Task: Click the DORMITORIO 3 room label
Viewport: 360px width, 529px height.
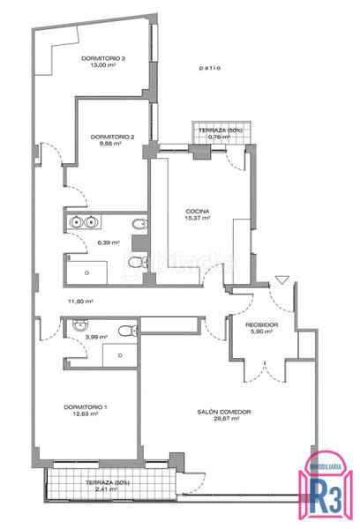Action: pyautogui.click(x=103, y=58)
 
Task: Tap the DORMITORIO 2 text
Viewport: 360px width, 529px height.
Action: pyautogui.click(x=112, y=137)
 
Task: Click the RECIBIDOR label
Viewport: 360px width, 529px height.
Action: pyautogui.click(x=262, y=325)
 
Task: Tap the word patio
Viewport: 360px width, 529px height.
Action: pyautogui.click(x=209, y=67)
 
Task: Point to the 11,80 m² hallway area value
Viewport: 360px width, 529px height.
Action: pyautogui.click(x=80, y=301)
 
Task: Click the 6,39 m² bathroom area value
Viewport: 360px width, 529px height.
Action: pyautogui.click(x=107, y=242)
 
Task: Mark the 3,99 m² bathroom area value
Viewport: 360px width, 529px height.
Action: pyautogui.click(x=95, y=337)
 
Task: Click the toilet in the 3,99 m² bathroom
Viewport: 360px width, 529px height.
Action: pyautogui.click(x=130, y=332)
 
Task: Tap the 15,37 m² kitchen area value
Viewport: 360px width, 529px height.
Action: pyautogui.click(x=197, y=219)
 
